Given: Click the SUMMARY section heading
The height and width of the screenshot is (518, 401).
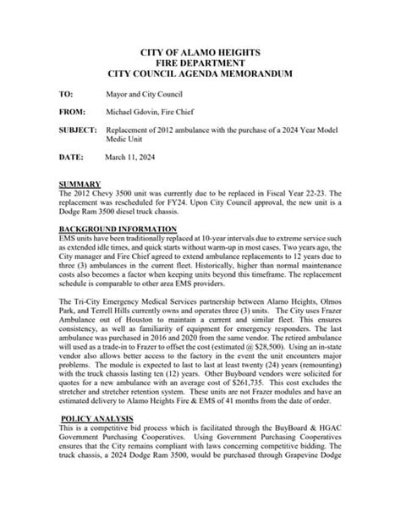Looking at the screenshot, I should click(80, 184).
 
